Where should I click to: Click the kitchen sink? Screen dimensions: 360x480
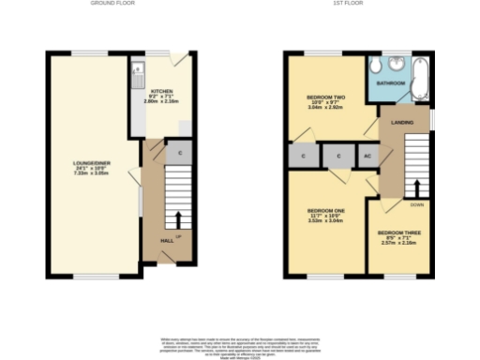pos(138,67)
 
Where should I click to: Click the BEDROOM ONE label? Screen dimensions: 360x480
pos(326,211)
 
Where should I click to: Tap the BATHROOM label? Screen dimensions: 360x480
pos(391,83)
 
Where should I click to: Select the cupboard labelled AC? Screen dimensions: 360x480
pos(367,156)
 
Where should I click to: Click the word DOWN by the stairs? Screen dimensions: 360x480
pos(416,203)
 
